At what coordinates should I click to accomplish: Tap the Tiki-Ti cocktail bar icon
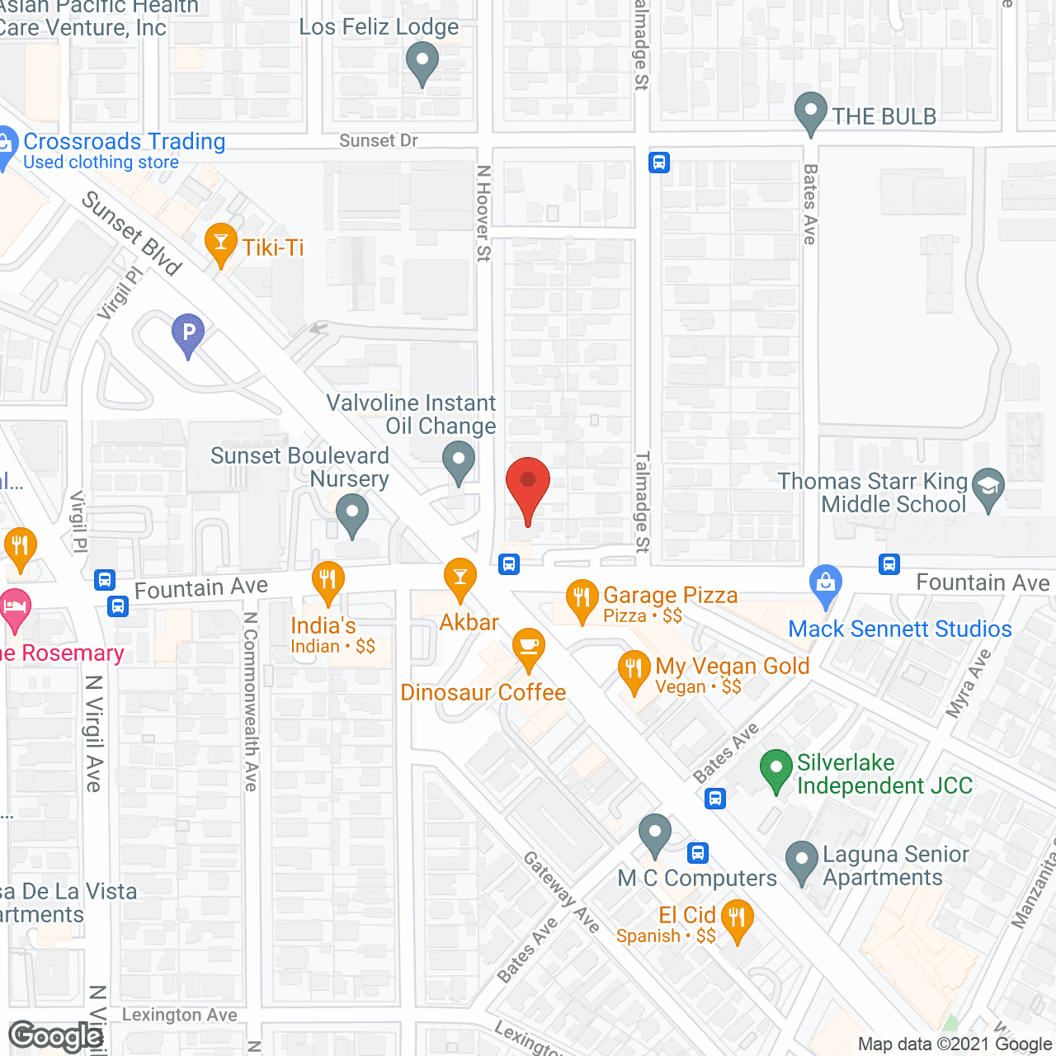pyautogui.click(x=220, y=243)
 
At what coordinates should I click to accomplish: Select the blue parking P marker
pyautogui.click(x=188, y=334)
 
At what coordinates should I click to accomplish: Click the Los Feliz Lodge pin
pyautogui.click(x=422, y=62)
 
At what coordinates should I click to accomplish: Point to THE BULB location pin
pyautogui.click(x=810, y=111)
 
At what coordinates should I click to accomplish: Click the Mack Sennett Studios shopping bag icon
pyautogui.click(x=825, y=584)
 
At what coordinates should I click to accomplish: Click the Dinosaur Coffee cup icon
pyautogui.click(x=529, y=648)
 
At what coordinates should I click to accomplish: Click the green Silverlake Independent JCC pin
pyautogui.click(x=775, y=769)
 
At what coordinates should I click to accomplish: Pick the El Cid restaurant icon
pyautogui.click(x=737, y=919)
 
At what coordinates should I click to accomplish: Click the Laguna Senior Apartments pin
pyautogui.click(x=801, y=860)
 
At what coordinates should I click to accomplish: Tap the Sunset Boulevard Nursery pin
pyautogui.click(x=352, y=513)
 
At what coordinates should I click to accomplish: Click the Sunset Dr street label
pyautogui.click(x=379, y=141)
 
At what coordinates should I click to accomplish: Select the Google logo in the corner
pyautogui.click(x=56, y=1036)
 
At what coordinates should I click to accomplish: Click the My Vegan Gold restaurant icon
pyautogui.click(x=634, y=671)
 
